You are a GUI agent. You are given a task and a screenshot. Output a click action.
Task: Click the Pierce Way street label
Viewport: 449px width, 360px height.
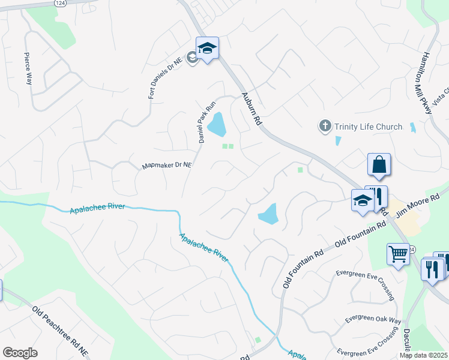pyautogui.click(x=28, y=68)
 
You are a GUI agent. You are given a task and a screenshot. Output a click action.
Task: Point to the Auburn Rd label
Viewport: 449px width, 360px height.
pyautogui.click(x=252, y=108)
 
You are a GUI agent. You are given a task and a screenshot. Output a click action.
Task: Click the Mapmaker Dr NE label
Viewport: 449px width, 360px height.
pyautogui.click(x=166, y=165)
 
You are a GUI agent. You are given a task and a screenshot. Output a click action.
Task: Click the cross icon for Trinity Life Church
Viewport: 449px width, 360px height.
pyautogui.click(x=325, y=126)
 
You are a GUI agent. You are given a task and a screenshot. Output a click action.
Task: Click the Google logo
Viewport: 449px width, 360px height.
pyautogui.click(x=20, y=353)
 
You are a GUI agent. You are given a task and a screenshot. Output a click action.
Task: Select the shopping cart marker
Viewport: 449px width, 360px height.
pyautogui.click(x=398, y=254)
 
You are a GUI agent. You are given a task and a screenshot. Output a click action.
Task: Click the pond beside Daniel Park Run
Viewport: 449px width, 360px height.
pyautogui.click(x=217, y=124)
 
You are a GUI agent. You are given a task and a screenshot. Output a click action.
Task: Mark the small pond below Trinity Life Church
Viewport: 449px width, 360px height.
pyautogui.click(x=338, y=141)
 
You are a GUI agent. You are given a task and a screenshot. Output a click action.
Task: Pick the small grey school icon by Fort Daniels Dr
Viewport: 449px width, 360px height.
pyautogui.click(x=192, y=58)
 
